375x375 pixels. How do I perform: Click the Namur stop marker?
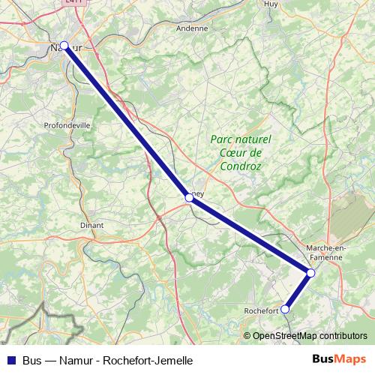tap(64, 46)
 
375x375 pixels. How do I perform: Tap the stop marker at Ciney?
tap(189, 198)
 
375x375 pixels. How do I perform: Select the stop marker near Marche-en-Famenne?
tap(310, 273)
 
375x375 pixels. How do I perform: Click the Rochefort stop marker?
tap(285, 309)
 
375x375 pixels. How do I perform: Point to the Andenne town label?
tap(191, 28)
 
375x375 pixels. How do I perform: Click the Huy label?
tap(271, 4)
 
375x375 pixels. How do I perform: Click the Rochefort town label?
tap(262, 310)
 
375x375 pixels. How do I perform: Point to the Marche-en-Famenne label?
tap(325, 252)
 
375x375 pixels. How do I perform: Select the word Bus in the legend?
tap(32, 361)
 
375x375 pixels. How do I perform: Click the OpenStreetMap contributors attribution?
tap(309, 336)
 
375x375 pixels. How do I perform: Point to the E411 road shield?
tap(73, 3)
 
